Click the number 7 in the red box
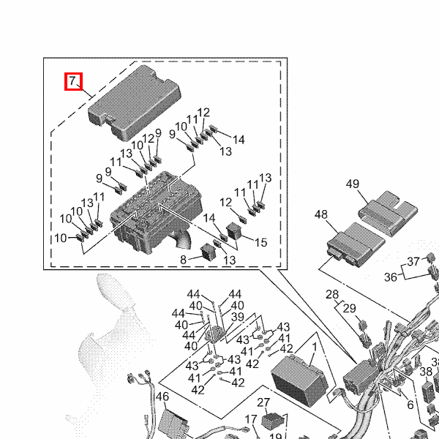coord(75,81)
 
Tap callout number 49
coord(353,184)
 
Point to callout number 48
coord(321,215)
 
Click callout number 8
coord(183,259)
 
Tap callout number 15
coord(260,242)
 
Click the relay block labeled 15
coord(237,231)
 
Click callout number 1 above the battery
coord(314,347)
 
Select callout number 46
coord(162,397)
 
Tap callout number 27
coord(263,402)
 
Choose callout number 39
coord(237,316)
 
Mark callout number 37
coord(413,262)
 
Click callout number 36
coord(391,277)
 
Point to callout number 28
coord(333,295)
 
